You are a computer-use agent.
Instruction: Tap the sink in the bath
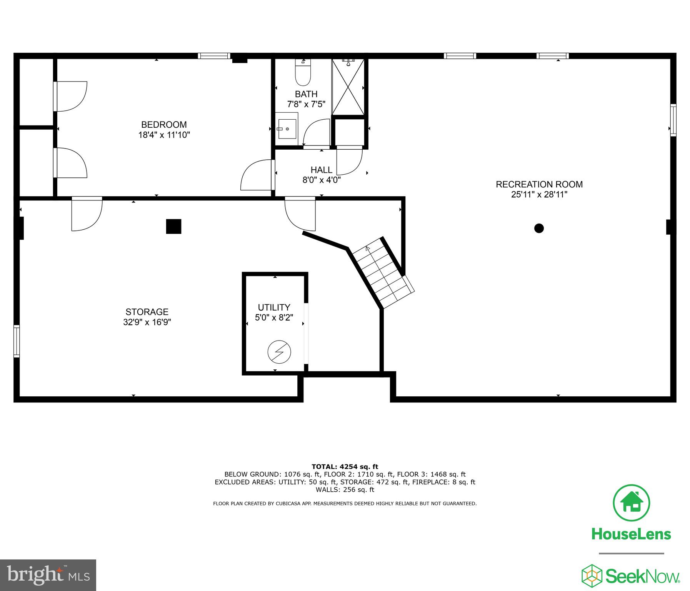pyautogui.click(x=287, y=129)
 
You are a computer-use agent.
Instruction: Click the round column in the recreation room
pyautogui.click(x=539, y=228)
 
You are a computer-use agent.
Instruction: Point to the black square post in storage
pyautogui.click(x=173, y=226)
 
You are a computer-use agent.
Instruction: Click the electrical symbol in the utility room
pyautogui.click(x=279, y=352)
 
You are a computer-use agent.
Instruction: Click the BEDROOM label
pyautogui.click(x=164, y=125)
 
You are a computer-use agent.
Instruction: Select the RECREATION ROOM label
pyautogui.click(x=539, y=184)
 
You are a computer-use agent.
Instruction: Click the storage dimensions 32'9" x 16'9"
pyautogui.click(x=147, y=322)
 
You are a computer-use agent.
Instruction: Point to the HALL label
pyautogui.click(x=322, y=170)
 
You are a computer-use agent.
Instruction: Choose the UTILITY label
pyautogui.click(x=274, y=307)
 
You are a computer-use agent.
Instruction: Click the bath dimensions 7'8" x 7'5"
pyautogui.click(x=306, y=104)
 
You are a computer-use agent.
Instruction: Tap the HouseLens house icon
pyautogui.click(x=631, y=503)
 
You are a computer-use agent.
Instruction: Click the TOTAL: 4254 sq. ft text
pyautogui.click(x=345, y=467)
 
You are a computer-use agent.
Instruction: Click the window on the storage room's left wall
pyautogui.click(x=16, y=341)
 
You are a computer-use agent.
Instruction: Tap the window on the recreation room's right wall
pyautogui.click(x=673, y=120)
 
